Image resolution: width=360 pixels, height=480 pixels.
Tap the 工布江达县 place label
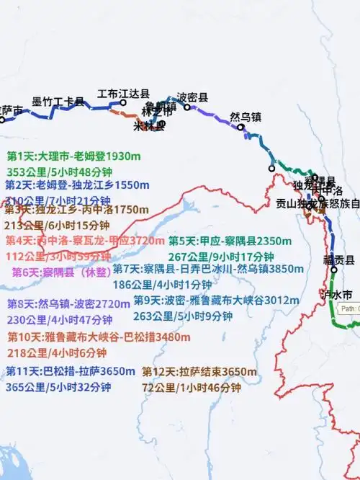124,94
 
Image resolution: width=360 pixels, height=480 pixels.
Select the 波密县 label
193,97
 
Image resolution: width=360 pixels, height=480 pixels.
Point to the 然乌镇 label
246,117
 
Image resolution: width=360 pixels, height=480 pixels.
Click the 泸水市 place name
338,295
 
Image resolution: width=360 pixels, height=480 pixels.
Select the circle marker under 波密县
187,107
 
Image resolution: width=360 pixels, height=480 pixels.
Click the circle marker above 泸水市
334,270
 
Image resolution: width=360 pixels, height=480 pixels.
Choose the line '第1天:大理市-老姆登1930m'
73,156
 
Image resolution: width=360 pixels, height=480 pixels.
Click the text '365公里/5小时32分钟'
58,387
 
